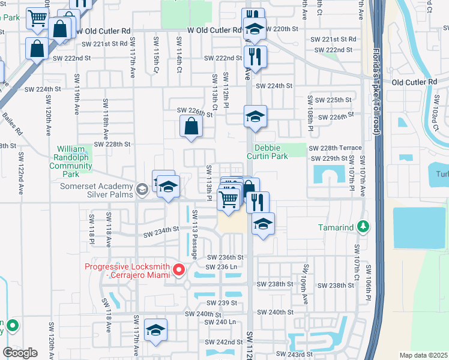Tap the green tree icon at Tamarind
click(363, 227)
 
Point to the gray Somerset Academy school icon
click(142, 190)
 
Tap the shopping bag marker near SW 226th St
click(191, 127)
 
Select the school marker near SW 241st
click(155, 330)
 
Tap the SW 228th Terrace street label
click(336, 148)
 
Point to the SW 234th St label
click(160, 229)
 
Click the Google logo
click(20, 353)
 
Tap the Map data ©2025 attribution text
click(423, 355)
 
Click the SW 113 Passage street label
click(195, 235)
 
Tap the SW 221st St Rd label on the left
click(105, 44)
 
